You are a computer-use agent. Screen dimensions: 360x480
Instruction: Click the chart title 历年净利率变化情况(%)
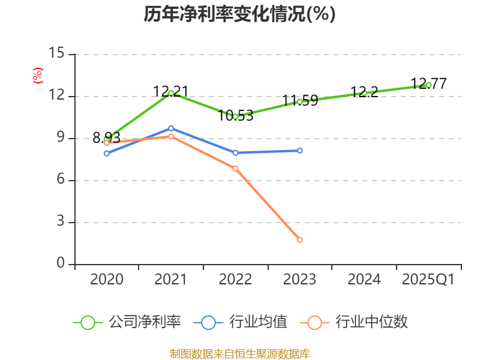(239, 14)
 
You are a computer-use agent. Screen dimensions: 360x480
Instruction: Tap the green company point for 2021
(171, 93)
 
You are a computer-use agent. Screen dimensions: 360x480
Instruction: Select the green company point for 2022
(235, 116)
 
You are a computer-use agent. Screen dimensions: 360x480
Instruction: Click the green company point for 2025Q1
(428, 85)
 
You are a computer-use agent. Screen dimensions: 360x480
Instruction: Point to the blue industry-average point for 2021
(171, 128)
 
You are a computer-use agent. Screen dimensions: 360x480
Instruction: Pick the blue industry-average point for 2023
(300, 151)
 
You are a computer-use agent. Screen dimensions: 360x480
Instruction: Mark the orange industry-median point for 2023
(300, 240)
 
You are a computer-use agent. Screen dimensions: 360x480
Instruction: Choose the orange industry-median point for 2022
(235, 169)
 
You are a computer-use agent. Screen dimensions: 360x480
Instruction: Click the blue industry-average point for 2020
(107, 154)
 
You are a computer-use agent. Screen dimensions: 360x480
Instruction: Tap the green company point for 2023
(300, 101)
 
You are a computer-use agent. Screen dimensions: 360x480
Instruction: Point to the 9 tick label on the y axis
(60, 138)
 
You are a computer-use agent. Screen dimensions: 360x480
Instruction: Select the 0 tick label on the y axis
(60, 264)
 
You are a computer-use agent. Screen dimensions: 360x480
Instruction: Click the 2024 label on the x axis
(364, 280)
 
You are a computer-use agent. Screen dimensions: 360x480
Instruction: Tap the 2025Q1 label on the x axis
(428, 280)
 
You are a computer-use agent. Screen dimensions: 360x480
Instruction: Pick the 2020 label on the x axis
(107, 280)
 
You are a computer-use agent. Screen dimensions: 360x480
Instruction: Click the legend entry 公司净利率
(144, 322)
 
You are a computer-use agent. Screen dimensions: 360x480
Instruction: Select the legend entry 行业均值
(258, 322)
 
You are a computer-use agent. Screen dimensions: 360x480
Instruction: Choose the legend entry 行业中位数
(371, 322)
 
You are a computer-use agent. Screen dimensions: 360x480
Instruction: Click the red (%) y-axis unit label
(37, 76)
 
